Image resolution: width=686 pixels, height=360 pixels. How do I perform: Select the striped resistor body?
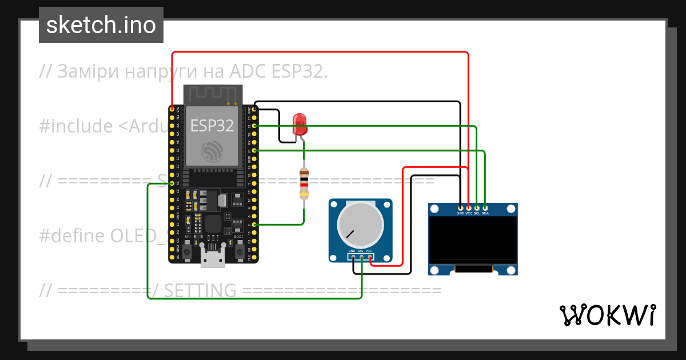pyautogui.click(x=304, y=183)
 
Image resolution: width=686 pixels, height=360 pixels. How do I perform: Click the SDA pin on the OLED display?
pyautogui.click(x=485, y=207)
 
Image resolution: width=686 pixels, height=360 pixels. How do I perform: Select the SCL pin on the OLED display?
pyautogui.click(x=477, y=207)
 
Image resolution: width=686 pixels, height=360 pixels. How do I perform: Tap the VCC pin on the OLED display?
pyautogui.click(x=469, y=207)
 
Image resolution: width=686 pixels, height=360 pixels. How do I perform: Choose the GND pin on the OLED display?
pyautogui.click(x=460, y=207)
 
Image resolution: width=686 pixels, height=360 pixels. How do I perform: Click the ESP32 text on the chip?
pyautogui.click(x=212, y=126)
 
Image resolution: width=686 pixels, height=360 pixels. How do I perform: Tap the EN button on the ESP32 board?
pyautogui.click(x=188, y=250)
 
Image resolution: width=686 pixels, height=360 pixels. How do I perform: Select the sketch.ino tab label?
pyautogui.click(x=101, y=25)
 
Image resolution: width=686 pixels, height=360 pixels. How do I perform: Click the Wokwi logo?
pyautogui.click(x=607, y=315)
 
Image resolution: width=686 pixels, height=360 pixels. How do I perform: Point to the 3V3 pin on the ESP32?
pyautogui.click(x=172, y=109)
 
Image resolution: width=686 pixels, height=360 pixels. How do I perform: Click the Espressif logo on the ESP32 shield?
pyautogui.click(x=212, y=151)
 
